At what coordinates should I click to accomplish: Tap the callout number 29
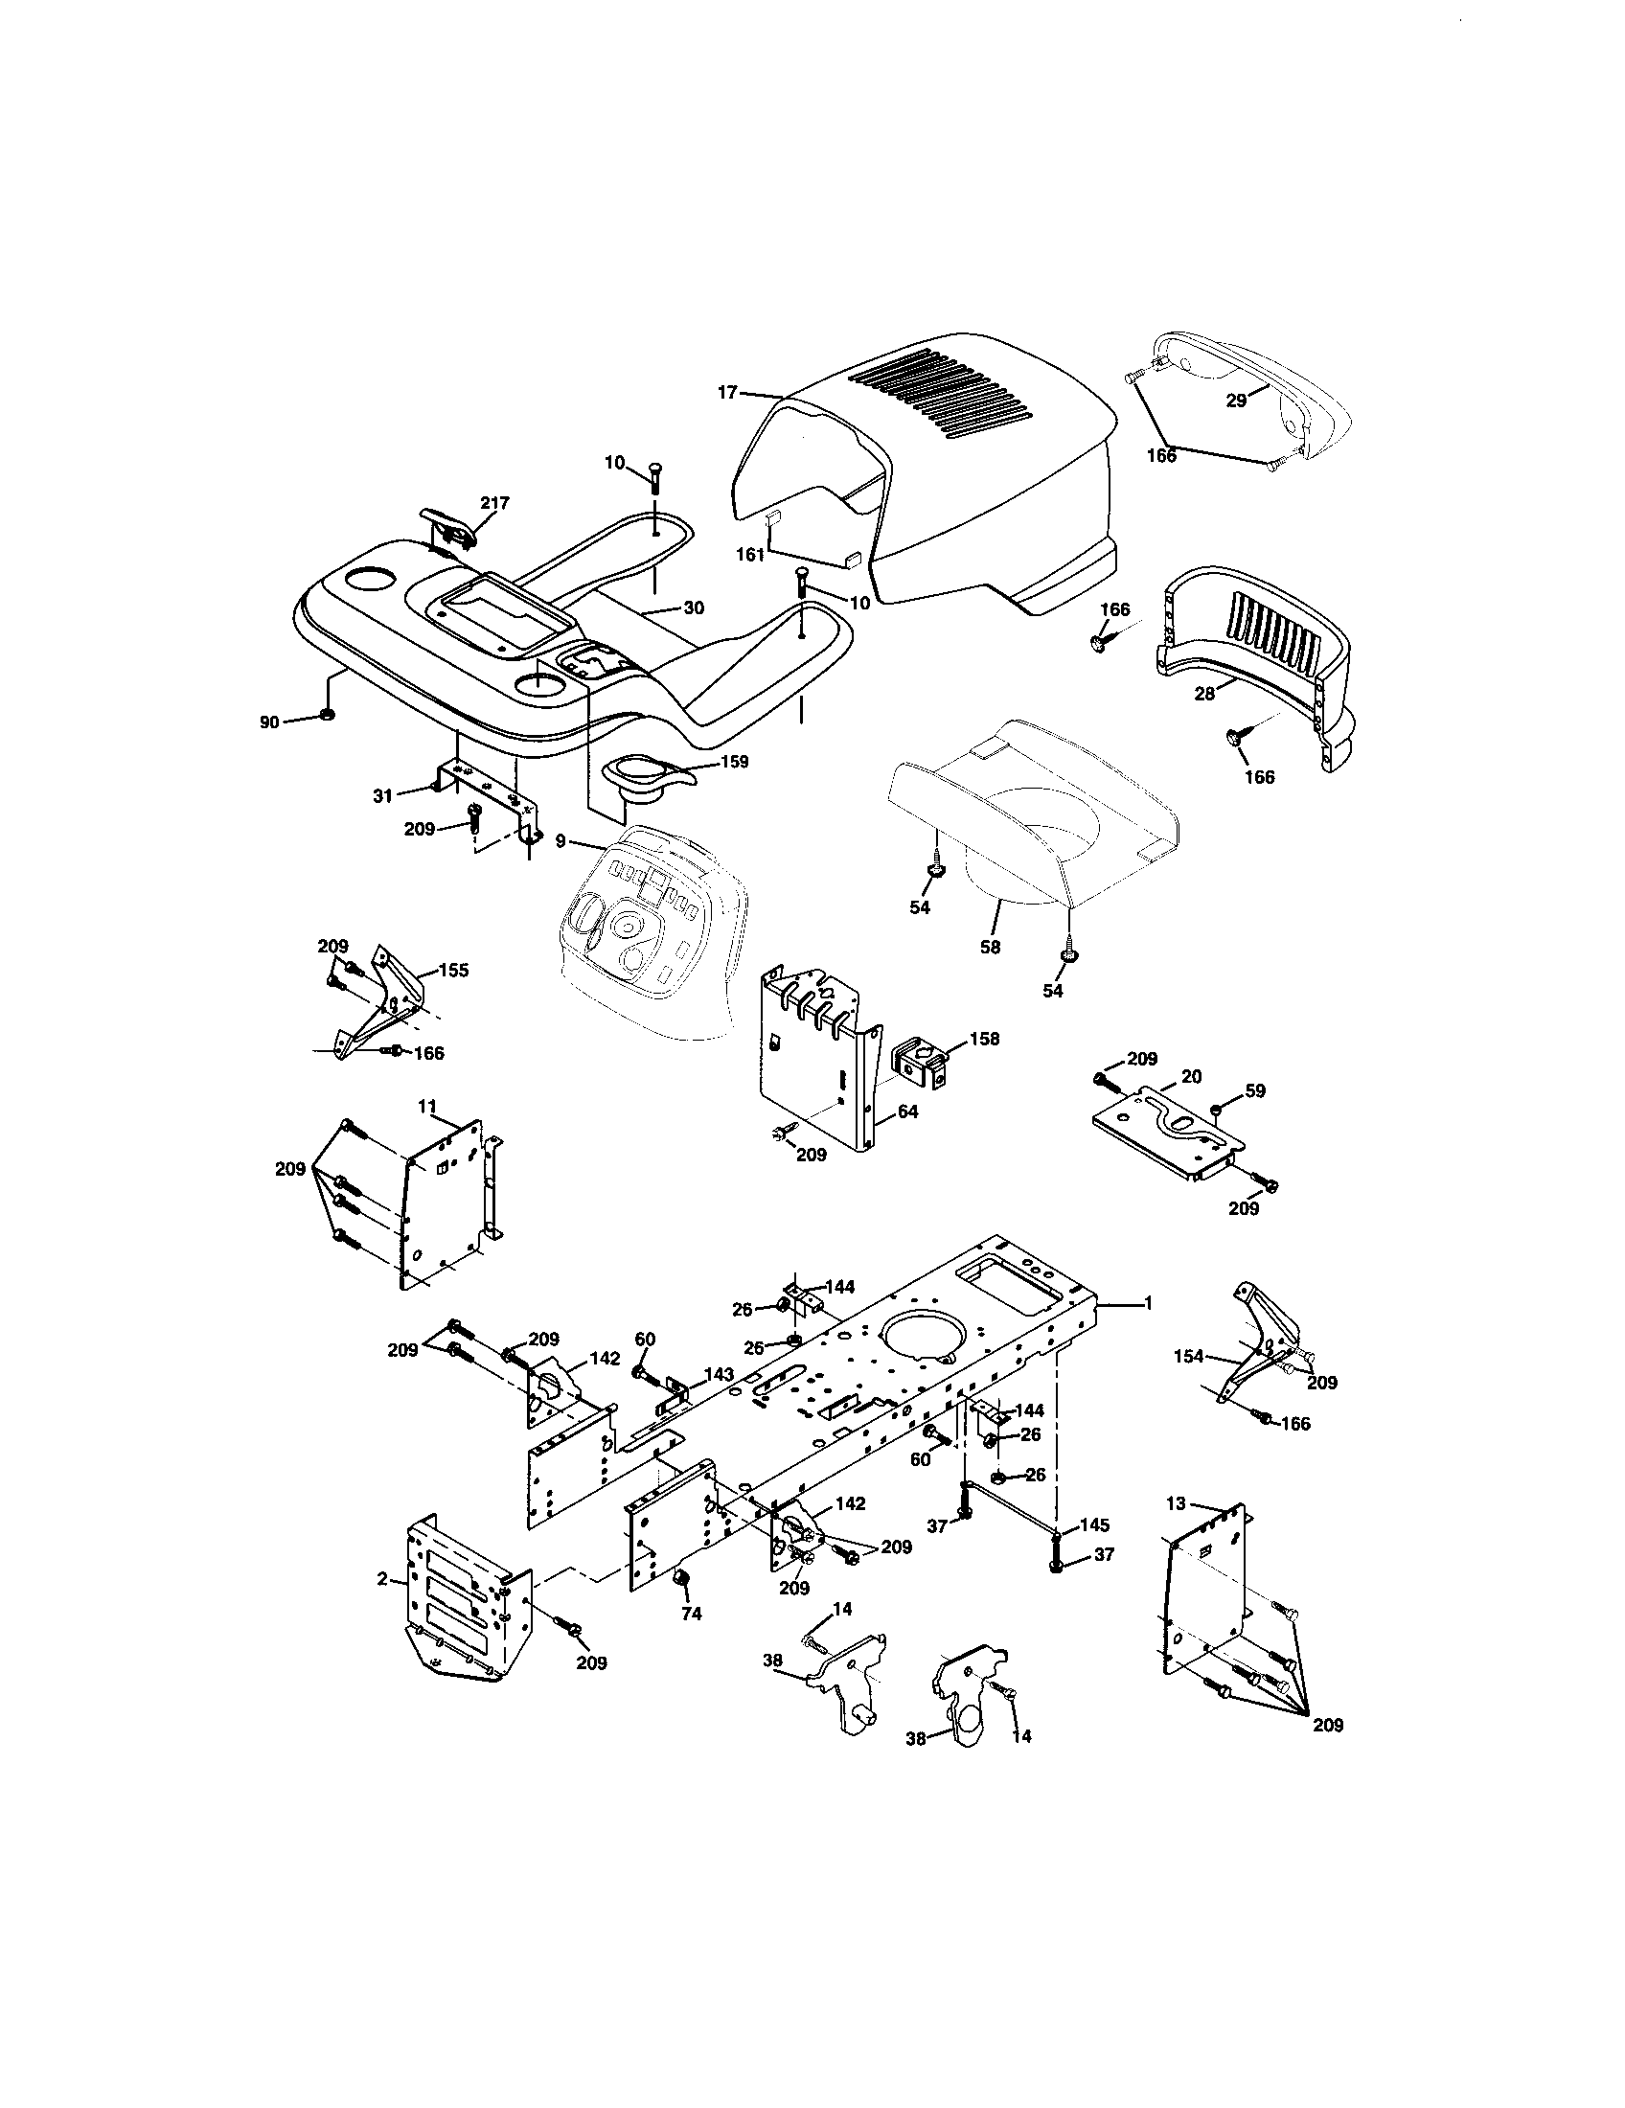[1237, 401]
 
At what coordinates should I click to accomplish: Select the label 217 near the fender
[495, 503]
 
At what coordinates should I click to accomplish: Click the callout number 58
[990, 947]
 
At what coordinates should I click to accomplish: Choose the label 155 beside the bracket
[453, 970]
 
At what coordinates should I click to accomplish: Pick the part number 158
[984, 1039]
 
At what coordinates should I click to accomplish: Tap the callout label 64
[907, 1111]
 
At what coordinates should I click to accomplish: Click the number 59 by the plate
[1254, 1090]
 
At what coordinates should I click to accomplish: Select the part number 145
[1094, 1526]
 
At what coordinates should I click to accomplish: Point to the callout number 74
[691, 1613]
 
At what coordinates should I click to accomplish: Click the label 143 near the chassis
[719, 1373]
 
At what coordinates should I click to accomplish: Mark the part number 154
[1189, 1356]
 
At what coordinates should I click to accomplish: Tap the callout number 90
[269, 722]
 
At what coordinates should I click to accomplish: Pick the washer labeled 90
[326, 715]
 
